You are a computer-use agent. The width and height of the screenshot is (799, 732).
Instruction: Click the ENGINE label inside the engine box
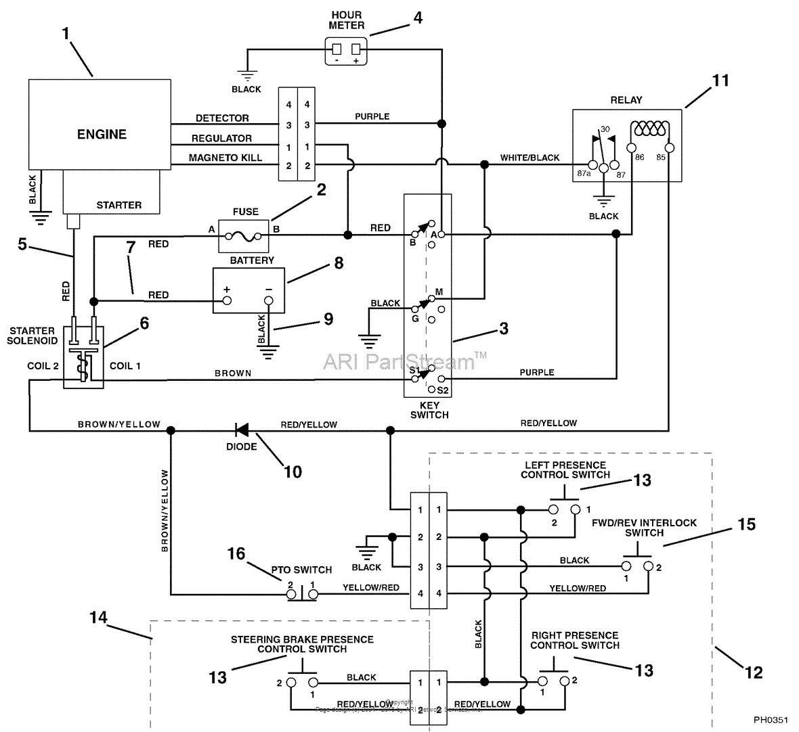102,134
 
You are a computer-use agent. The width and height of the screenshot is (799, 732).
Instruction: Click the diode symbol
241,430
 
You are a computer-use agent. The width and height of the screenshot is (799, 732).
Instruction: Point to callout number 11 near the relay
720,81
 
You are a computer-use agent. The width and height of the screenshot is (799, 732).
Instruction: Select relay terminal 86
631,147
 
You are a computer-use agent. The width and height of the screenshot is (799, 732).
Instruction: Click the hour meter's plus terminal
355,49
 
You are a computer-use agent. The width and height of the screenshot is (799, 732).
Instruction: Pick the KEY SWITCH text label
429,410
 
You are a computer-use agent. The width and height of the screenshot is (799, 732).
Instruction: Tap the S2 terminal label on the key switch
443,390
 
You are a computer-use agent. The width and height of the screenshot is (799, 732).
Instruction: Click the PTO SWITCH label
301,570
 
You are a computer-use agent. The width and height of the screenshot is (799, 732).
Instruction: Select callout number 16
236,554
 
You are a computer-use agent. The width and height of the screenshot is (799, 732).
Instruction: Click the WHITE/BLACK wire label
530,158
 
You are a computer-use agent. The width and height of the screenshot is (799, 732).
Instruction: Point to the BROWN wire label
233,373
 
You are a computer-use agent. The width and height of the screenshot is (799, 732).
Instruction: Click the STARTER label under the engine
119,205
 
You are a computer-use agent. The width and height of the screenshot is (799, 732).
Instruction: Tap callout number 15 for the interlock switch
746,524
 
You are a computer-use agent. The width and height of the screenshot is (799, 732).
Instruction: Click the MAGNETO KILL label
225,158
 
